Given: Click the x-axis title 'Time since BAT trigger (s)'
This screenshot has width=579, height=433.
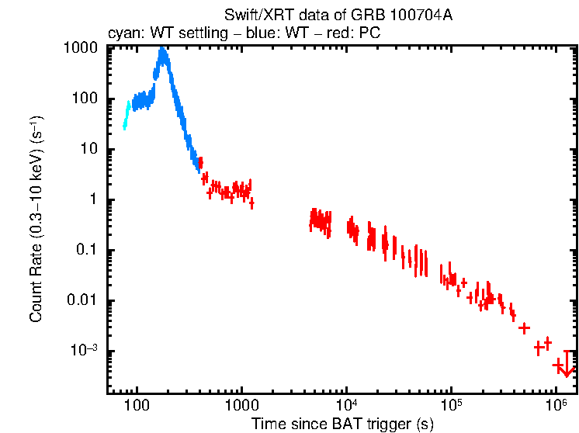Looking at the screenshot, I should [342, 424].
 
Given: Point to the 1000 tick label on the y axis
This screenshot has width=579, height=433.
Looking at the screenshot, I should [80, 47].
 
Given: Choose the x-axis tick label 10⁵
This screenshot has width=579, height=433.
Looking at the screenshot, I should [451, 404].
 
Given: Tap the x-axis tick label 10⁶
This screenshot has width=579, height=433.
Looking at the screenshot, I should [556, 404].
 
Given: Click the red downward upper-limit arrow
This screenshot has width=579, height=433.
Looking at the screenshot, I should [567, 365].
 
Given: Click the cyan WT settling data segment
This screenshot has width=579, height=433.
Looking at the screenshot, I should [127, 115].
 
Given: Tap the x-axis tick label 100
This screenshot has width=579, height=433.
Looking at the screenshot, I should [137, 404].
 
